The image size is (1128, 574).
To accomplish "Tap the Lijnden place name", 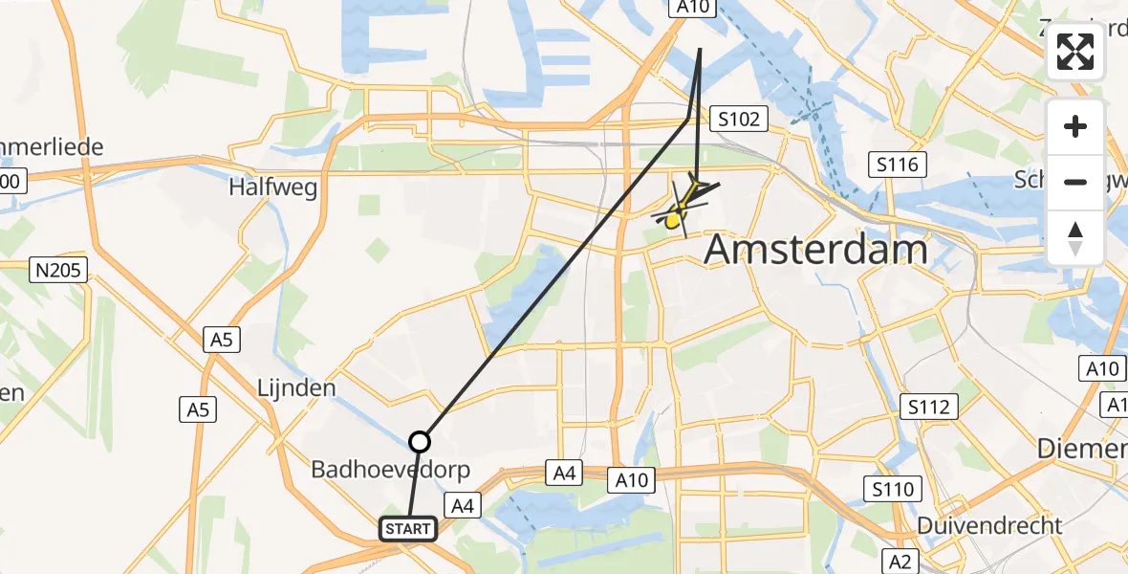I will coord(295,388).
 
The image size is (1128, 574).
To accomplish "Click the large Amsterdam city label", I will coord(815,250).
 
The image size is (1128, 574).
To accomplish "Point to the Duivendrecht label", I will coord(989,525).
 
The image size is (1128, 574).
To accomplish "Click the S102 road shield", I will coord(741,120).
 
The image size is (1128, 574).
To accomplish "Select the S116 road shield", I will coord(899,166).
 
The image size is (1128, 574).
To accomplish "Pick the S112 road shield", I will coord(929,408).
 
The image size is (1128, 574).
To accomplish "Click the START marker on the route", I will coord(409,528).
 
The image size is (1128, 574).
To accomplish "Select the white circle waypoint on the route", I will coord(420,442).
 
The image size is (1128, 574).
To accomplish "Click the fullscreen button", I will coord(1075,52).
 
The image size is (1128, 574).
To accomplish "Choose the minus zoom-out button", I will coord(1075,182).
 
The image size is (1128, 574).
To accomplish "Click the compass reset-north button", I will coord(1075,237).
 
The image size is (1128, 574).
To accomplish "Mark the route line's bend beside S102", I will coord(689,118).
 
